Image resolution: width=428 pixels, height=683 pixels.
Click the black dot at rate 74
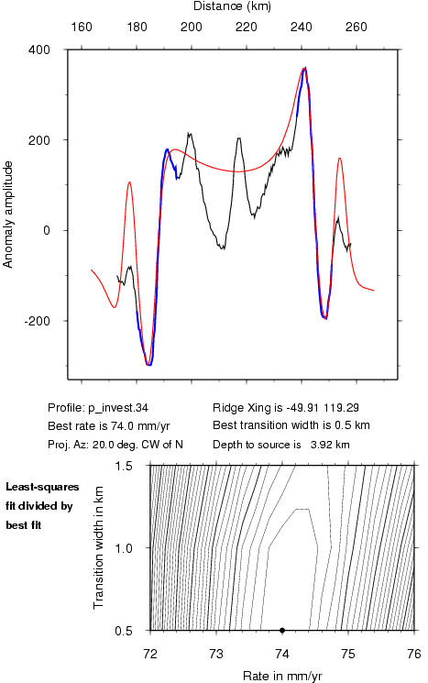coord(282,630)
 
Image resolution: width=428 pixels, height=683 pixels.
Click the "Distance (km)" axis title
coord(232,6)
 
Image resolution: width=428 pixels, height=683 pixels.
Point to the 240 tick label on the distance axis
coord(302,27)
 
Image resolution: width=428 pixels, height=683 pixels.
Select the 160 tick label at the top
coord(82,27)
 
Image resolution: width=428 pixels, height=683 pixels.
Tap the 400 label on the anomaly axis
coord(39,50)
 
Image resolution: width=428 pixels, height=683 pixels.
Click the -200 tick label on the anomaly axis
coord(37,321)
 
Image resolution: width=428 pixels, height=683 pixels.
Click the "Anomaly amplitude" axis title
coord(8,215)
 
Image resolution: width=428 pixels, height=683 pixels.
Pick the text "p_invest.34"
coord(118,408)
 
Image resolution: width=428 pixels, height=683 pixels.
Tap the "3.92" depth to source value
coord(321,445)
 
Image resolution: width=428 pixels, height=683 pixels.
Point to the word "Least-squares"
coord(42,487)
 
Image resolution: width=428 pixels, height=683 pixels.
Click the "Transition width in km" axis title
coord(98,547)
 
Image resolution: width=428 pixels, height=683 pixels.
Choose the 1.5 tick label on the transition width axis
coord(124,466)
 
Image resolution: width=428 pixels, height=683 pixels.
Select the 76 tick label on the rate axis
coord(414,654)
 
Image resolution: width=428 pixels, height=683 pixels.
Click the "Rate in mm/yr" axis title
coord(282,676)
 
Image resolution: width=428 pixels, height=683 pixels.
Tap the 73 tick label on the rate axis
coord(216,654)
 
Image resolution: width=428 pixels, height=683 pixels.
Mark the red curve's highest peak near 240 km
coord(304,69)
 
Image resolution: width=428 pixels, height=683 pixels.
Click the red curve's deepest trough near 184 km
coord(148,365)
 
